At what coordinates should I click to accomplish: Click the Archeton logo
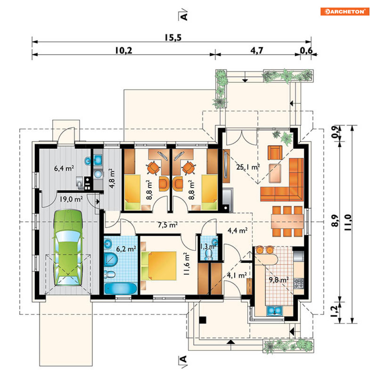[344, 11]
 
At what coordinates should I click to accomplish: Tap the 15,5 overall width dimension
[173, 38]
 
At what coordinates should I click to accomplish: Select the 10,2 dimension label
[124, 51]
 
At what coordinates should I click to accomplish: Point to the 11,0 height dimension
[348, 222]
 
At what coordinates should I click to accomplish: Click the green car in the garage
[68, 247]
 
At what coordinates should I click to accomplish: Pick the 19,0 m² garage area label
[71, 199]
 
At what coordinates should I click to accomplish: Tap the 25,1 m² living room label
[248, 167]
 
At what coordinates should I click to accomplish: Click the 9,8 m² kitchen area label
[278, 280]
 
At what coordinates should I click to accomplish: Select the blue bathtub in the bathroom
[121, 288]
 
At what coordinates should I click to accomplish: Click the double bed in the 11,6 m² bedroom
[159, 266]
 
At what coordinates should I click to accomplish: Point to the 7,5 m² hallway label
[167, 225]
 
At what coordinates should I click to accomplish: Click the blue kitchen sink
[274, 311]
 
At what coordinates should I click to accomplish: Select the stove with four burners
[299, 283]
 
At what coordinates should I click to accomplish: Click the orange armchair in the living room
[275, 153]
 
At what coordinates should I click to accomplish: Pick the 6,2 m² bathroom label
[126, 249]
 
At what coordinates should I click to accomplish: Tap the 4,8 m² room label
[112, 178]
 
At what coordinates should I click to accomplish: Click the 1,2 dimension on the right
[335, 311]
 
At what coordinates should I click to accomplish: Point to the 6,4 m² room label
[64, 168]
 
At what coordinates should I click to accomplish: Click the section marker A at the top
[183, 15]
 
